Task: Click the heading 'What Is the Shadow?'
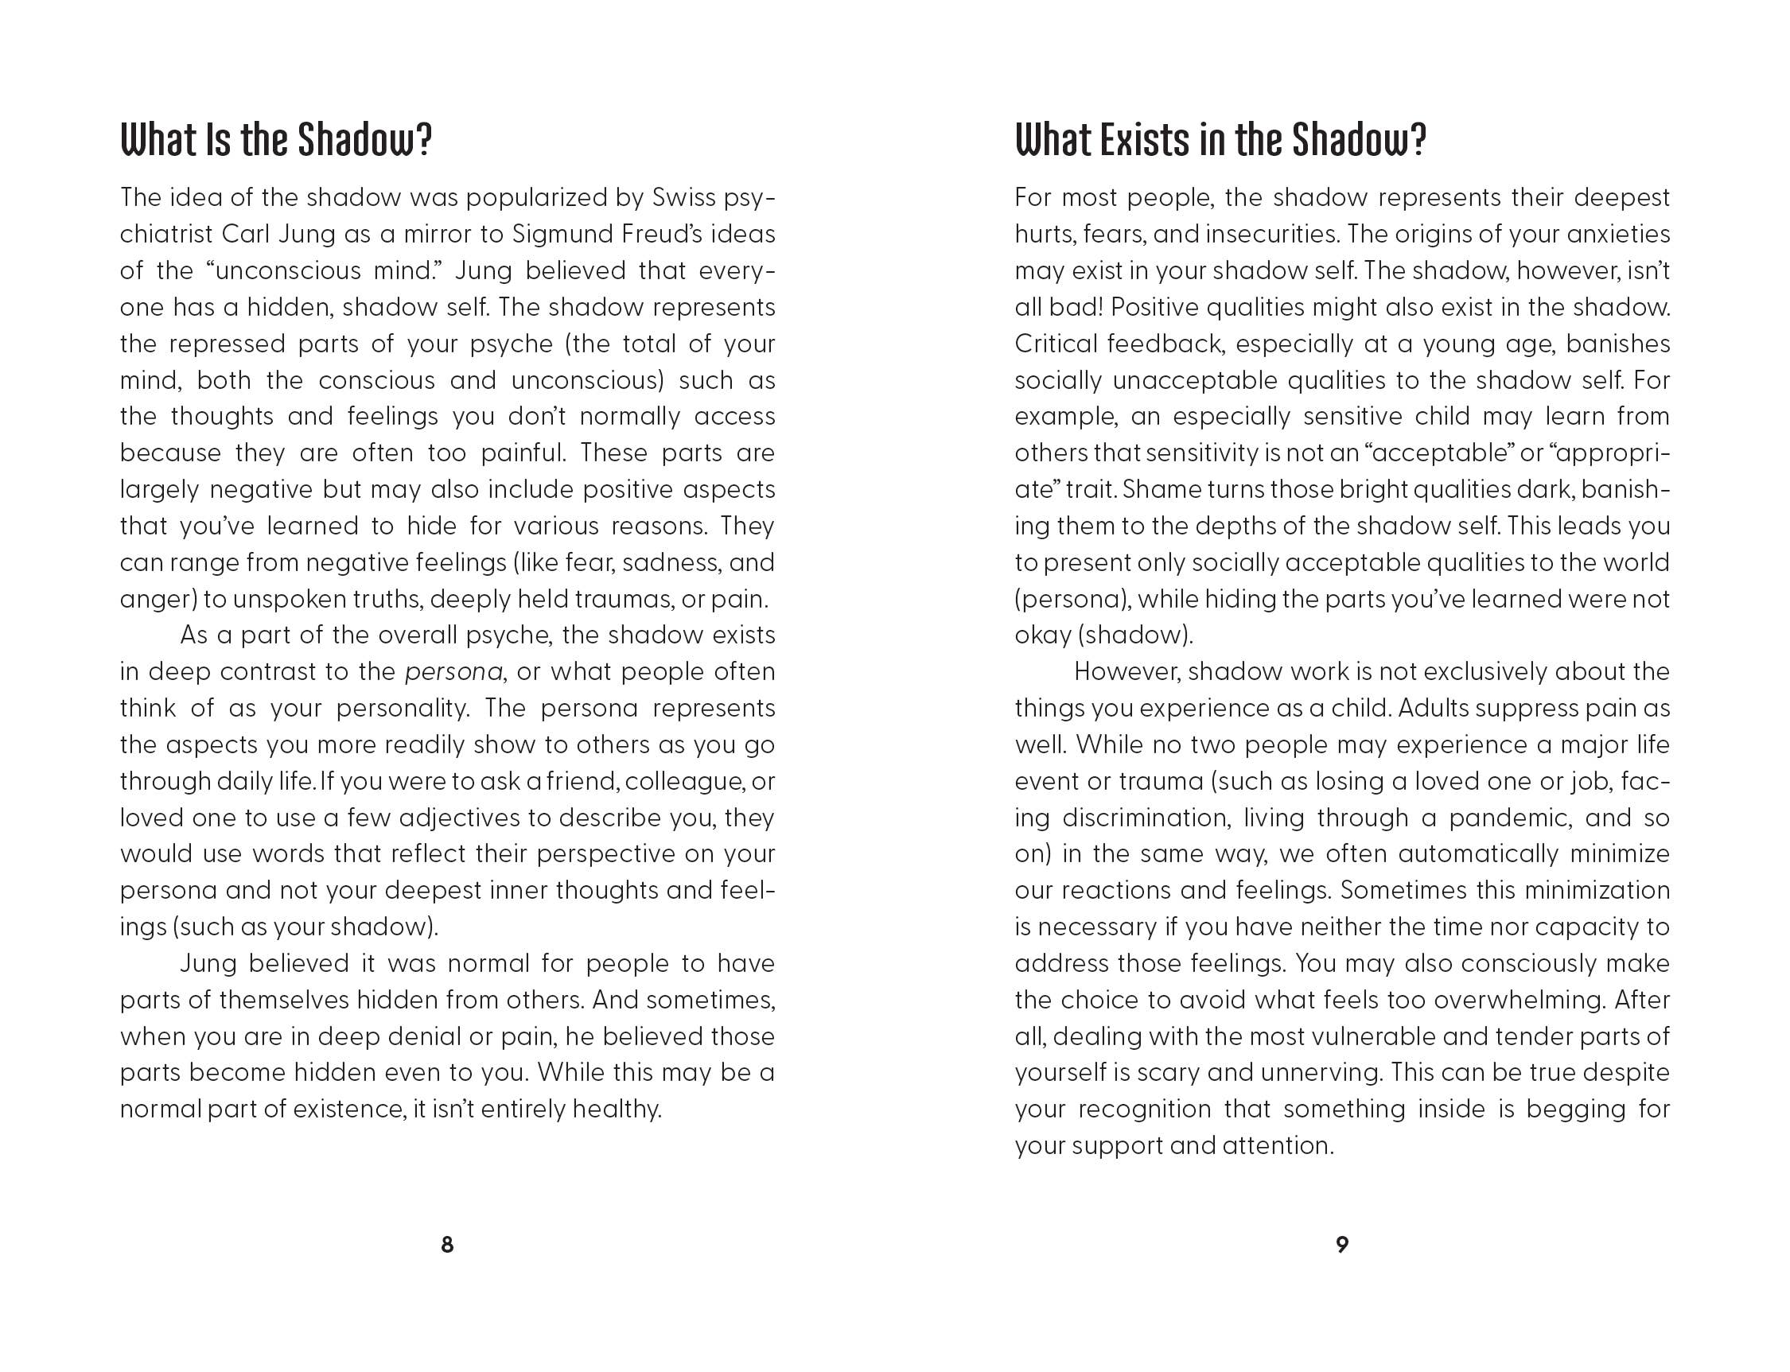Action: pos(275,141)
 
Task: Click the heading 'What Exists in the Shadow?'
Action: pos(1220,141)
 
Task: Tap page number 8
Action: pos(447,1244)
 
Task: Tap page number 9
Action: pos(1341,1244)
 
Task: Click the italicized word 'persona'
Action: pos(453,672)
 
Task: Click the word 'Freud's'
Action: pos(659,235)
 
